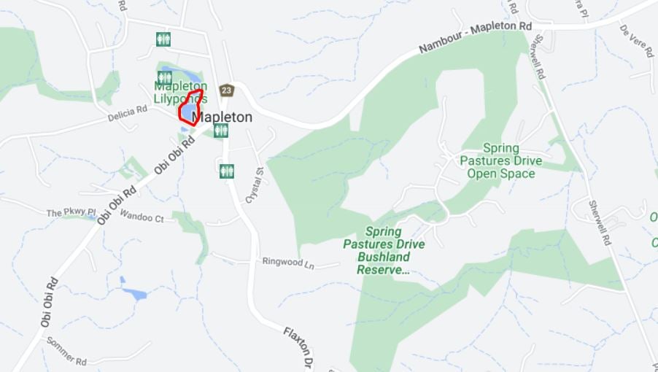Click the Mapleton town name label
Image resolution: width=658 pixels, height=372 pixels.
(x=222, y=117)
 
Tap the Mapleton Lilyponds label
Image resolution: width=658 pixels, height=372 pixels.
(x=180, y=92)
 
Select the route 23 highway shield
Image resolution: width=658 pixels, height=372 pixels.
(x=227, y=90)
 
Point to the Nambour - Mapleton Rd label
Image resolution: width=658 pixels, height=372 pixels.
(x=475, y=39)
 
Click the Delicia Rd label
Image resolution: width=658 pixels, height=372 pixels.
(x=128, y=114)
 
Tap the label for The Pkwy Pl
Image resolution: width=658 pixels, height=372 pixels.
(x=71, y=212)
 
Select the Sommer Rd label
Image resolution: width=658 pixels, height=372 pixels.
(x=66, y=351)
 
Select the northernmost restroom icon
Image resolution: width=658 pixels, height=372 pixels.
(x=163, y=39)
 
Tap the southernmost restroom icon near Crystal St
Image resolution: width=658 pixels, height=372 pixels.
(x=226, y=171)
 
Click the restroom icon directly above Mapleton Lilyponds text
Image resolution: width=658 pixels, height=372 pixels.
(x=165, y=77)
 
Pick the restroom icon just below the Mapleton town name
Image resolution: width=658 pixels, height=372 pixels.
(x=221, y=131)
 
